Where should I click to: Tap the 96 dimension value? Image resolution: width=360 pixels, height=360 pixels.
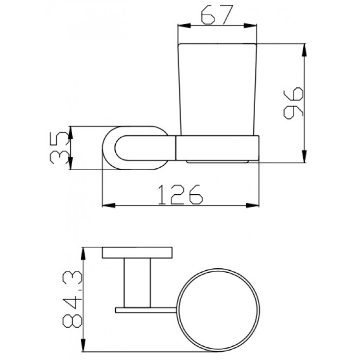click(x=293, y=103)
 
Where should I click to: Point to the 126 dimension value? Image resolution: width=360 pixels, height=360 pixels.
click(x=180, y=194)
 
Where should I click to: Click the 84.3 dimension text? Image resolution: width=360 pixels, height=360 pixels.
click(x=72, y=299)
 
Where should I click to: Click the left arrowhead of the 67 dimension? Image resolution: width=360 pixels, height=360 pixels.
click(x=184, y=26)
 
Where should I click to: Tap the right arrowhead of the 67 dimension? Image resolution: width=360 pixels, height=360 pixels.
click(x=250, y=26)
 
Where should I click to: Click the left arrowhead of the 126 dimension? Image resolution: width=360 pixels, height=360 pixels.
click(x=108, y=205)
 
